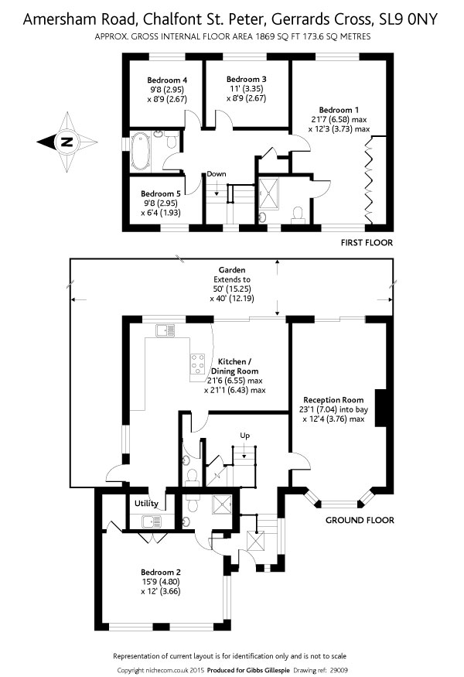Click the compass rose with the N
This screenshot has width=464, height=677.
point(67,142)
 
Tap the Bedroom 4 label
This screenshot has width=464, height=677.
point(168,80)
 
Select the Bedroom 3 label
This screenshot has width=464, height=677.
point(247,79)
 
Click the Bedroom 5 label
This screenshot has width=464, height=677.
point(161,193)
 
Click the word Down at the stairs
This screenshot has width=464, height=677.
point(216,174)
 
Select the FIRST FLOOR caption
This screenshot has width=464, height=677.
point(367,243)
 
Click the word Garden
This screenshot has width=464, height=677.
point(231,270)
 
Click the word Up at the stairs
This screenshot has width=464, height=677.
point(245,436)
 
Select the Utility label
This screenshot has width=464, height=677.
point(146,503)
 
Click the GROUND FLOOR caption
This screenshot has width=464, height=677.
point(359,520)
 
